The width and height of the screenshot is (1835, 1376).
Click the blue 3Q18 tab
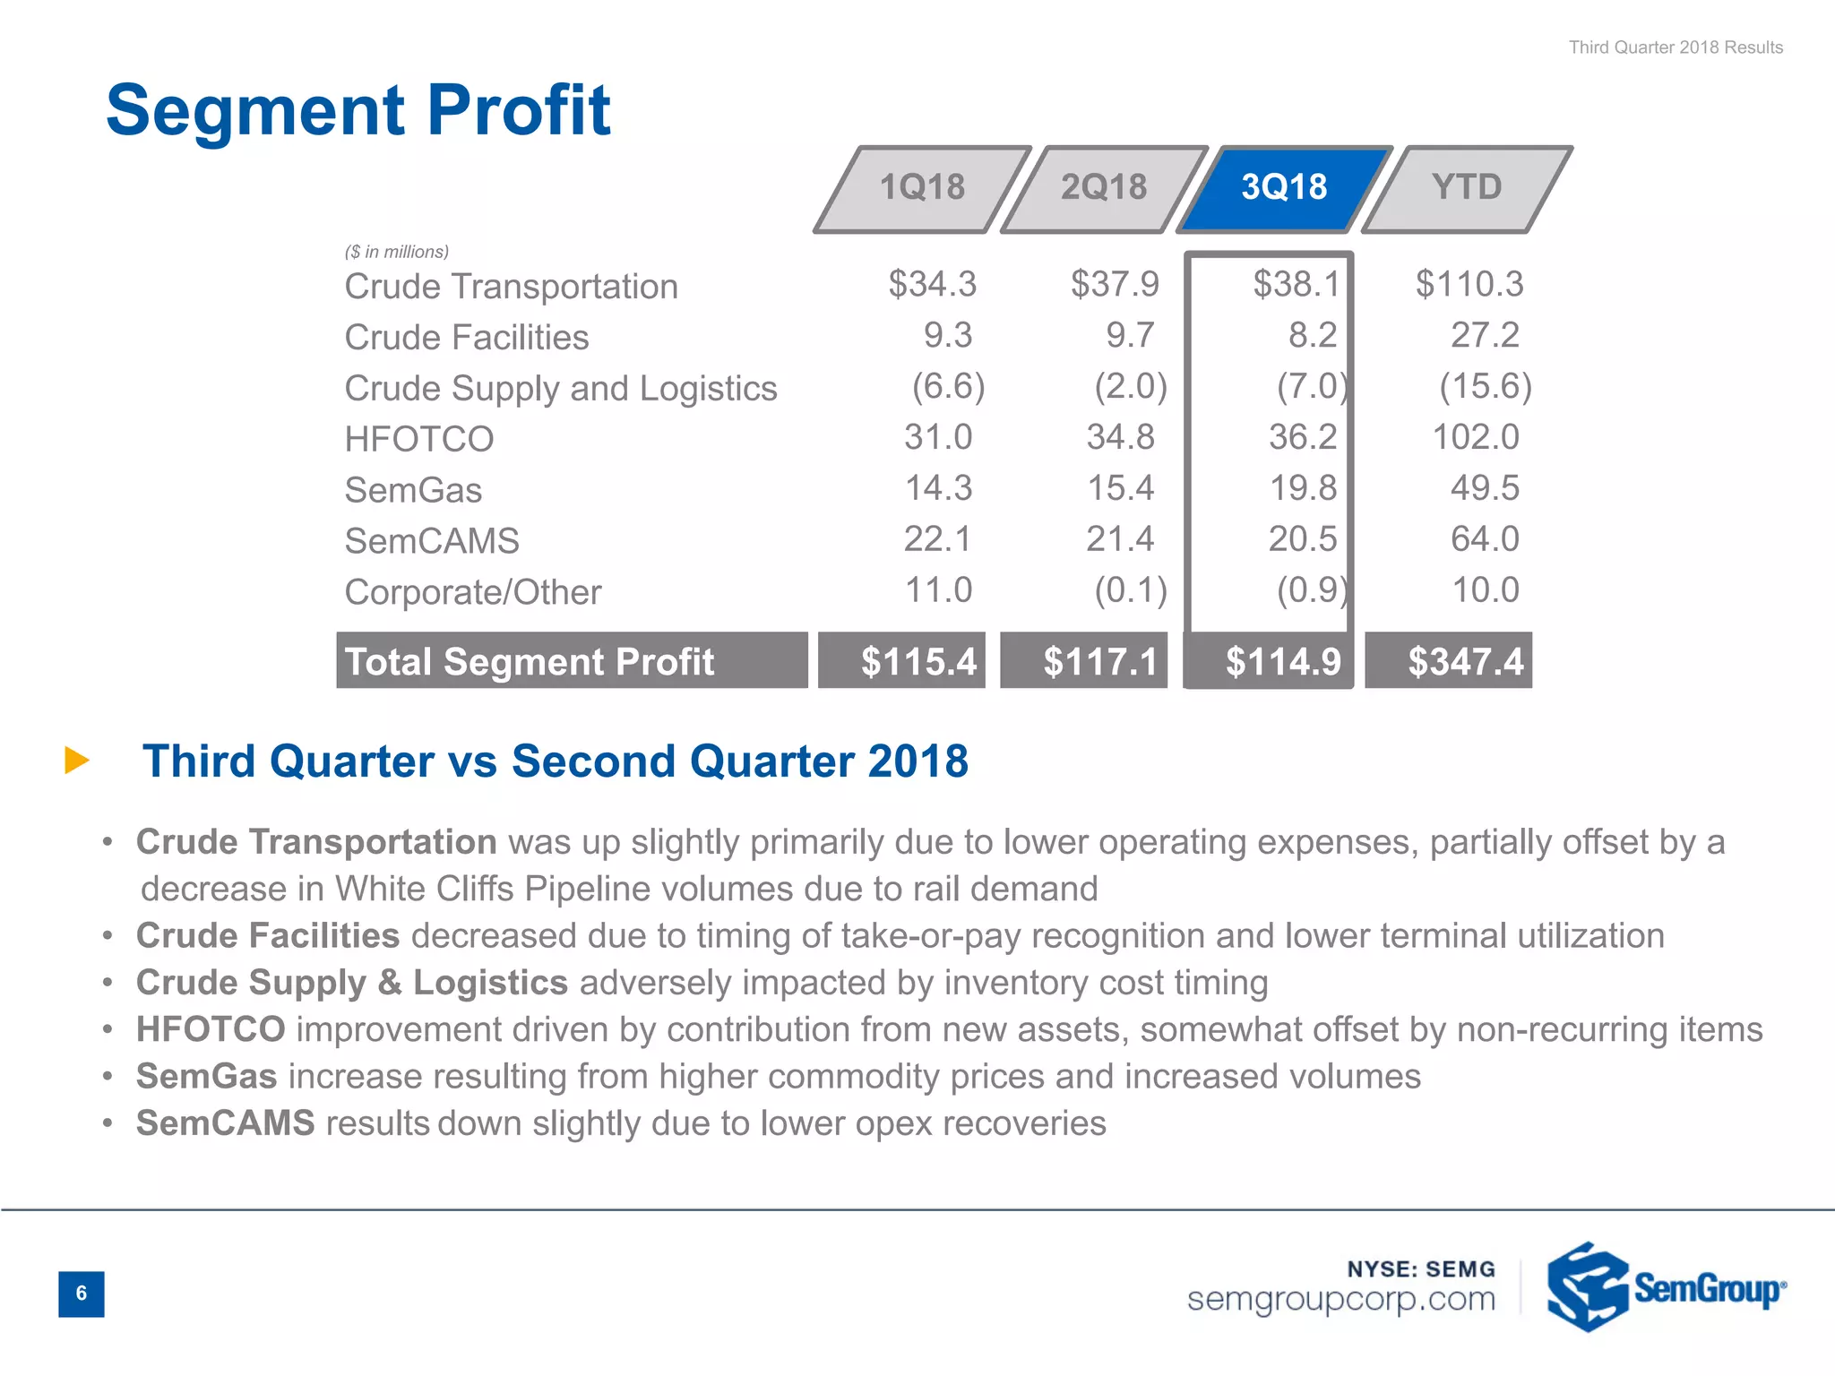(1284, 188)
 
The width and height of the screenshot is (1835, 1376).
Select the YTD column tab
(1467, 188)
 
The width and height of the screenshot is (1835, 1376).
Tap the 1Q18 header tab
(922, 188)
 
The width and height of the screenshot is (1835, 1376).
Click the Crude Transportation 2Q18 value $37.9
(1115, 285)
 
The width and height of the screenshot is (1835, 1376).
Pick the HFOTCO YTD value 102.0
(1476, 437)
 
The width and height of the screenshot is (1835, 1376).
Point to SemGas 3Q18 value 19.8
(1303, 488)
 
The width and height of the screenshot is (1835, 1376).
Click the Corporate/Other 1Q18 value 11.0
(938, 590)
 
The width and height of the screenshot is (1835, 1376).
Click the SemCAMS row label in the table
(432, 541)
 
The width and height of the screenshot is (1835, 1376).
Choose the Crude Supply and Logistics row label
(561, 389)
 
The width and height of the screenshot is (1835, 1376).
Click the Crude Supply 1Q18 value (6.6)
(948, 387)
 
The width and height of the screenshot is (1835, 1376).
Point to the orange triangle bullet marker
(77, 761)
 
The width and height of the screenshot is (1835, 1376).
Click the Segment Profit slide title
(358, 110)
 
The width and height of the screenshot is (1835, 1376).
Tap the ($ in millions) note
(397, 252)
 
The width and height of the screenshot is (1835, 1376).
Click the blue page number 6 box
(82, 1294)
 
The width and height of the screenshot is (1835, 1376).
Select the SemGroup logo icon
(1587, 1286)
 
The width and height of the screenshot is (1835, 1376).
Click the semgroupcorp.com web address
(1340, 1299)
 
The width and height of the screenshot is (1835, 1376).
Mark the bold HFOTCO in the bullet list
(211, 1029)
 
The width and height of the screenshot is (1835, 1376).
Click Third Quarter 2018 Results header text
(1676, 47)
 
